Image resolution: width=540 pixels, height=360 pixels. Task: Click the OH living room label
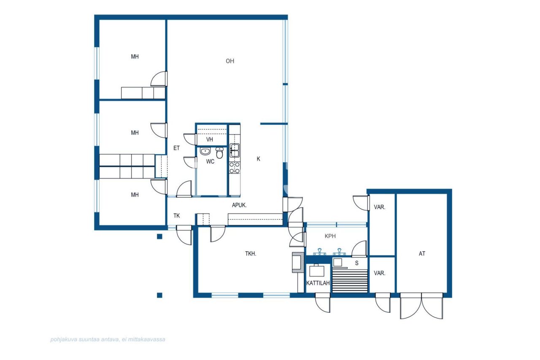pyautogui.click(x=229, y=61)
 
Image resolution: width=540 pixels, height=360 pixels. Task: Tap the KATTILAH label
pyautogui.click(x=318, y=283)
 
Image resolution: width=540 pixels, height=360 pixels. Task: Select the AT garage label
pyautogui.click(x=422, y=254)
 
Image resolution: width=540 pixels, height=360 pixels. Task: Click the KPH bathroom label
pyautogui.click(x=330, y=236)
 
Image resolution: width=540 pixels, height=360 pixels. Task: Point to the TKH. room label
pyautogui.click(x=251, y=254)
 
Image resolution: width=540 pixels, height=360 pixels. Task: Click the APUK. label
pyautogui.click(x=239, y=205)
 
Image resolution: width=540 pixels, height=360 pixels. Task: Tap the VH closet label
pyautogui.click(x=210, y=140)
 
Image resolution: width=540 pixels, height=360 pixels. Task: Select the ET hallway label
pyautogui.click(x=176, y=148)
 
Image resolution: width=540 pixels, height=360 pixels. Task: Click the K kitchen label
pyautogui.click(x=258, y=159)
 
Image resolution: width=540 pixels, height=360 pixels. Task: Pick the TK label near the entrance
pyautogui.click(x=177, y=216)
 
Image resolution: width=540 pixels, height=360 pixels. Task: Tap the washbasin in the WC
pyautogui.click(x=205, y=152)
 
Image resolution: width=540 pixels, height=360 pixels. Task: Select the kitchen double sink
pyautogui.click(x=234, y=148)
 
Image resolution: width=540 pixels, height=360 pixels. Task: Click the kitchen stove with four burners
pyautogui.click(x=234, y=168)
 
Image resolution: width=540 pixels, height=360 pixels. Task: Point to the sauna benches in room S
pyautogui.click(x=350, y=281)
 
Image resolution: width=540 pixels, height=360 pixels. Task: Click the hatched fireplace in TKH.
pyautogui.click(x=298, y=262)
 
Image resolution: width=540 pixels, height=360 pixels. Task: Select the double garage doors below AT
pyautogui.click(x=421, y=306)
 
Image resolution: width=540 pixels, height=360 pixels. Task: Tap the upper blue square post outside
pyautogui.click(x=159, y=236)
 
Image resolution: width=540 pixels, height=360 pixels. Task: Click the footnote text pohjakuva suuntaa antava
pyautogui.click(x=108, y=339)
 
